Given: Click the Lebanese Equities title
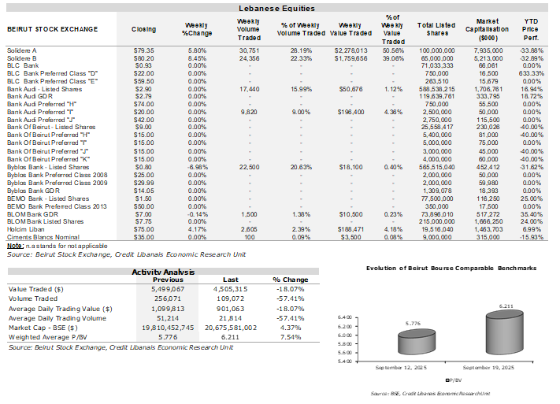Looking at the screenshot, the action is (x=276, y=8).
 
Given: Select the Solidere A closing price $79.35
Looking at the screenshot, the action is (x=143, y=50).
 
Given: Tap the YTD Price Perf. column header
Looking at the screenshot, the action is (x=531, y=29).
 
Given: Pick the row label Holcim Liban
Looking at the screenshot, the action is (x=26, y=229).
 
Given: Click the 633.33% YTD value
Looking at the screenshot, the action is (x=532, y=73).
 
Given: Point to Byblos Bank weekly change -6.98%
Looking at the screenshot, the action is (x=197, y=167).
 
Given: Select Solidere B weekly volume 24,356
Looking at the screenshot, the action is (x=249, y=58).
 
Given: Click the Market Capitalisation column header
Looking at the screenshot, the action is (x=487, y=29).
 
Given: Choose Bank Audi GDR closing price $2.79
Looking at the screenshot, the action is (x=143, y=96).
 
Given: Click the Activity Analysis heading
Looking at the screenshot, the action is (x=163, y=272).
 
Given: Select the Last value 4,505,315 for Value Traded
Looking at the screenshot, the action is (x=230, y=289).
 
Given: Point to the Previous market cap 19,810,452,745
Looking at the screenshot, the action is (x=168, y=328).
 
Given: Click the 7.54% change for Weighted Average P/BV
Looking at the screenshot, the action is (x=291, y=337).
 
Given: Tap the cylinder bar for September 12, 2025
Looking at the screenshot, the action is (x=417, y=342).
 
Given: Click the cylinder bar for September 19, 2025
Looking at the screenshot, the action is (x=504, y=332).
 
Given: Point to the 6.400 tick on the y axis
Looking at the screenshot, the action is (x=345, y=317).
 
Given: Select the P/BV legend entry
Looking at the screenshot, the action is (x=454, y=380).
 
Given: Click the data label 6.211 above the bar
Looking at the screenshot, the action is (x=506, y=306).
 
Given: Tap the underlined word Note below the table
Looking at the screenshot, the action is (x=15, y=246).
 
